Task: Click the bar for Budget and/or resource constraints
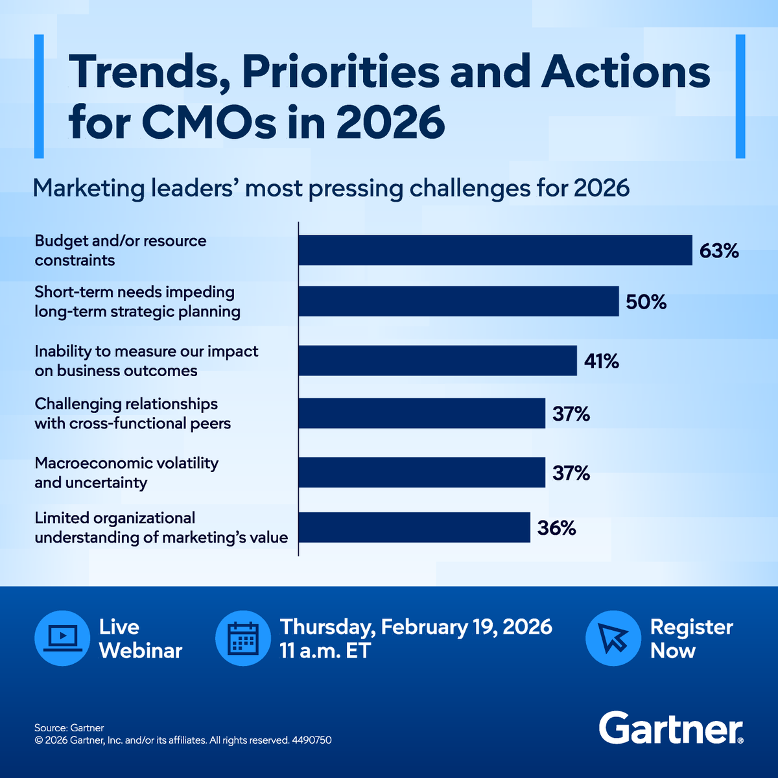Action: click(495, 250)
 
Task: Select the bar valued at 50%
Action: click(458, 301)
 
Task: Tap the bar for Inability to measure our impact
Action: click(438, 360)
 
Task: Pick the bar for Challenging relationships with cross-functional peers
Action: click(421, 413)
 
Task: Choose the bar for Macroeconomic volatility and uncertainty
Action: click(421, 472)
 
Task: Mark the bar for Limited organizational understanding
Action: click(414, 527)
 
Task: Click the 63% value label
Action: click(719, 251)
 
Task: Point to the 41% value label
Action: click(601, 361)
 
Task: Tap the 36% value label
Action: click(556, 528)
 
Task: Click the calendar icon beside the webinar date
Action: click(243, 638)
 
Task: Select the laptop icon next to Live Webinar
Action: click(62, 638)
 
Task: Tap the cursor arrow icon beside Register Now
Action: click(613, 638)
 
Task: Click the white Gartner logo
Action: click(670, 728)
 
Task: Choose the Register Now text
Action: click(691, 639)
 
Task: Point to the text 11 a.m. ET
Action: click(325, 651)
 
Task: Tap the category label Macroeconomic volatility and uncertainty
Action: click(126, 473)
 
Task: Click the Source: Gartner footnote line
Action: click(69, 727)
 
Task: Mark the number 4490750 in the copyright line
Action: click(311, 740)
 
